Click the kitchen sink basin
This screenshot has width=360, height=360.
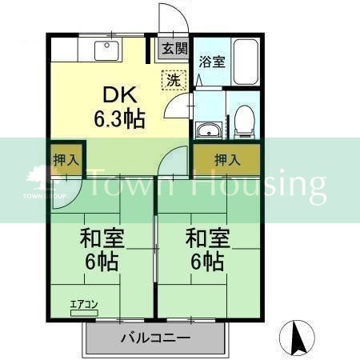pyautogui.click(x=106, y=50)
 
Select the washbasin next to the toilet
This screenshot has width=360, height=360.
pyautogui.click(x=209, y=131)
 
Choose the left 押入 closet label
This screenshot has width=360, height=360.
pyautogui.click(x=66, y=159)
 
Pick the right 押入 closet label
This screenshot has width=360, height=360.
pyautogui.click(x=226, y=160)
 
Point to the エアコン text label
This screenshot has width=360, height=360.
pyautogui.click(x=84, y=303)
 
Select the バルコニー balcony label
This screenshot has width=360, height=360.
pyautogui.click(x=155, y=338)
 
